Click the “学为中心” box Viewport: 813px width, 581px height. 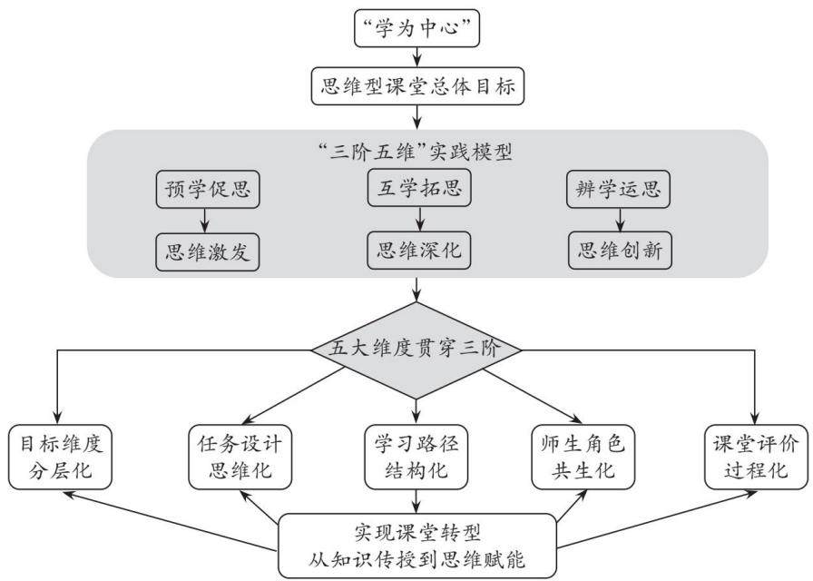coord(416,28)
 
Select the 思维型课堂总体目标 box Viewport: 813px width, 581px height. coord(417,86)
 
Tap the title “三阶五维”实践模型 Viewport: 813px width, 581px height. coord(416,153)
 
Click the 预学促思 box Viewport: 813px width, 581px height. coord(208,190)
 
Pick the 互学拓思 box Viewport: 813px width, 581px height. coord(419,187)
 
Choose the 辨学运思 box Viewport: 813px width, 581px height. coord(618,190)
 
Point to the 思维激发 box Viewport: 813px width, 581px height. coord(208,252)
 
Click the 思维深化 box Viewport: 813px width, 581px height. coord(419,250)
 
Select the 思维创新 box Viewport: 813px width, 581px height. coord(620,250)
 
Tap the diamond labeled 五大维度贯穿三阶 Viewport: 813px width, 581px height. coord(416,350)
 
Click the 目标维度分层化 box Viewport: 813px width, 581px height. coord(60,457)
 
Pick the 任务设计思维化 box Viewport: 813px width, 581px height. coord(240,457)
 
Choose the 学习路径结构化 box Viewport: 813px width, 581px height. coord(416,457)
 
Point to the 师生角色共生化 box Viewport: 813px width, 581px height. coord(583,457)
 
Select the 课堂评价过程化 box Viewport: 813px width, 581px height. coord(756,457)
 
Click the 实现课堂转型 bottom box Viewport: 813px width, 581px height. coord(417,546)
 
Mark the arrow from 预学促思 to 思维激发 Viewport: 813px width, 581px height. coord(205,221)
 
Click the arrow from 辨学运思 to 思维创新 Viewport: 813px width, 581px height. coord(620,220)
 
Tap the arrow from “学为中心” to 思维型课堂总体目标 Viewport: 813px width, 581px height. coord(416,57)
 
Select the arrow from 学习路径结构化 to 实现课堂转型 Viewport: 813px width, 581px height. coord(416,502)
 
